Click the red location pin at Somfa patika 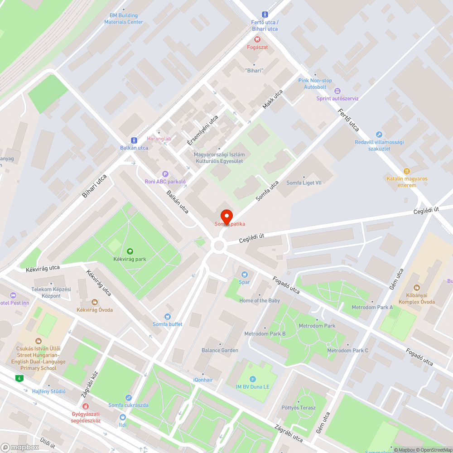pyautogui.click(x=226, y=216)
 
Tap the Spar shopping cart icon pyautogui.click(x=245, y=274)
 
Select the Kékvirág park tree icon pyautogui.click(x=130, y=251)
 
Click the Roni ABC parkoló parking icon pyautogui.click(x=165, y=174)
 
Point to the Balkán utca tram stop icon pyautogui.click(x=134, y=140)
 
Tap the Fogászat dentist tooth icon pyautogui.click(x=257, y=39)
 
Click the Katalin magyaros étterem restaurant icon pyautogui.click(x=407, y=171)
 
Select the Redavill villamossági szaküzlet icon pyautogui.click(x=379, y=135)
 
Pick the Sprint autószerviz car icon pyautogui.click(x=337, y=91)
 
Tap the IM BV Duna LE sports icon pyautogui.click(x=252, y=379)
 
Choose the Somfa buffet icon pyautogui.click(x=168, y=316)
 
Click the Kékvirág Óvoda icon pyautogui.click(x=95, y=302)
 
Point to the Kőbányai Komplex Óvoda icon pyautogui.click(x=416, y=288)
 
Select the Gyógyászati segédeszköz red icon pyautogui.click(x=86, y=406)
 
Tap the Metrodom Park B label pyautogui.click(x=265, y=334)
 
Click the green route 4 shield pyautogui.click(x=19, y=378)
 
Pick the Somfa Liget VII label pyautogui.click(x=304, y=183)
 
